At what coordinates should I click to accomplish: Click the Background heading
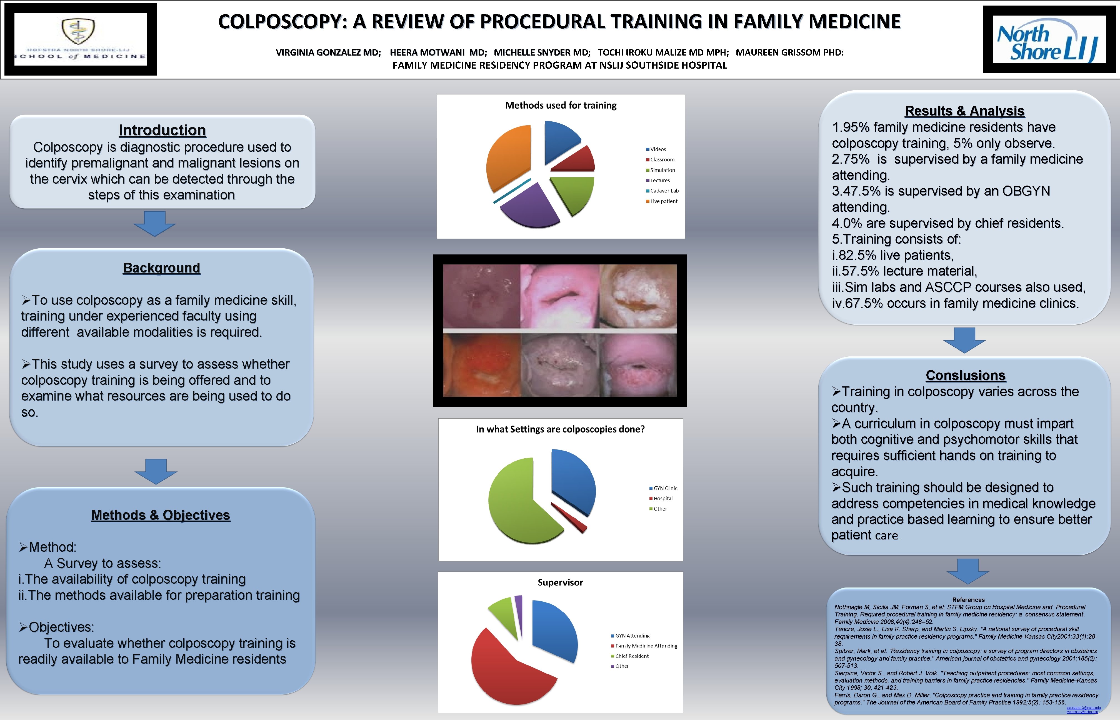coord(161,268)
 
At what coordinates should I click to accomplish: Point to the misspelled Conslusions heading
coord(965,376)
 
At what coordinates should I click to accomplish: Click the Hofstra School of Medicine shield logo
coord(79,31)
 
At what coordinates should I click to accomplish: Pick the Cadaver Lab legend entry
coord(664,191)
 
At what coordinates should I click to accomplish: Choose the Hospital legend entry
coord(662,498)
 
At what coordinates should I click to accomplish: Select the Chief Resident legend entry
coord(631,656)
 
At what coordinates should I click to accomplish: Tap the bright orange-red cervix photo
coord(481,365)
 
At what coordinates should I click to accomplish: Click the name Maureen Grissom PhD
coord(789,52)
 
